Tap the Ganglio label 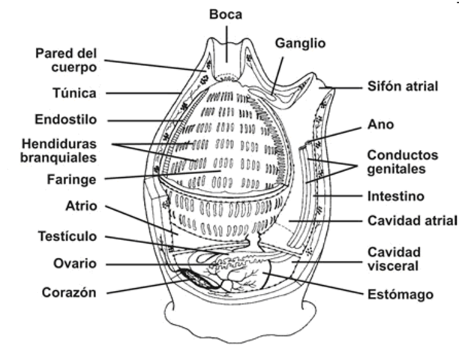299,43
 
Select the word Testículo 67,236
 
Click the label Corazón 70,292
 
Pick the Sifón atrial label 402,86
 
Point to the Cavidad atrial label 412,220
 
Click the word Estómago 400,295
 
